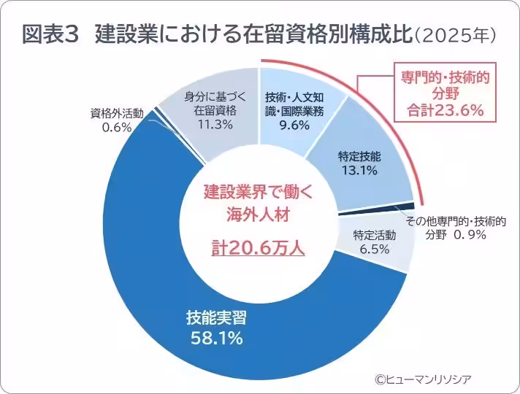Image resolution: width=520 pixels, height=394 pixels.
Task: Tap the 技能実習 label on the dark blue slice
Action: pos(215,319)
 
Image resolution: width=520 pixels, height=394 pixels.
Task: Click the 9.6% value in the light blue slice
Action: pos(295,125)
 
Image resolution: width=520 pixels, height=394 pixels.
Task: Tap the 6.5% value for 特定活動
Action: pos(374,250)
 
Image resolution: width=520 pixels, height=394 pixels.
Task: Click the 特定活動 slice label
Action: pos(374,235)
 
